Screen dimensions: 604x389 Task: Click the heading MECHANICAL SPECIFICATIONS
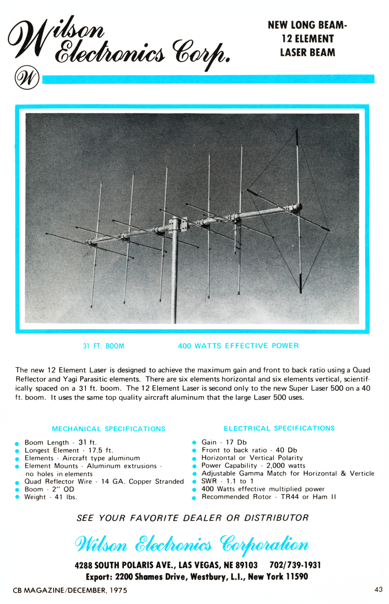109,429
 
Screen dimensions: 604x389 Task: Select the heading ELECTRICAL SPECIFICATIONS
279,428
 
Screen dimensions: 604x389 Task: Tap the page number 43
378,589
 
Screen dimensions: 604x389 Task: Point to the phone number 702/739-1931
295,565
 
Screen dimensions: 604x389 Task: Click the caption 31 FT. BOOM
103,346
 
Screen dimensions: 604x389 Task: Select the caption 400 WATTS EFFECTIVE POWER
238,346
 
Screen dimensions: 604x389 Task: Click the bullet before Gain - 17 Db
194,443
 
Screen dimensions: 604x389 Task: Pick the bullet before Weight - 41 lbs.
17,497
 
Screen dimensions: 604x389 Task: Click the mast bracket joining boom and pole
178,225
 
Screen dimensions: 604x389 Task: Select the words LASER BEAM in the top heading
307,52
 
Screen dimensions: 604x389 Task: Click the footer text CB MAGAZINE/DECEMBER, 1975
70,590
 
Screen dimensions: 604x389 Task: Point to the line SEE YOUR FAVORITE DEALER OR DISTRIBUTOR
192,518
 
